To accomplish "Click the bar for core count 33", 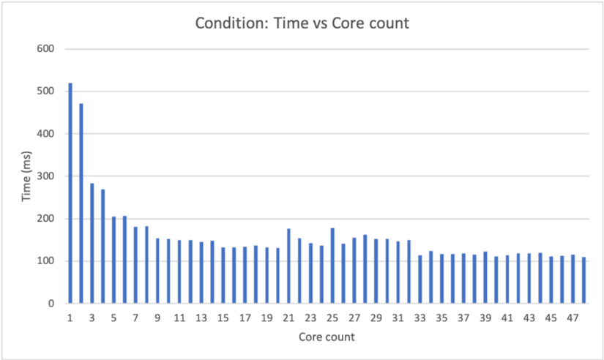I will (420, 279).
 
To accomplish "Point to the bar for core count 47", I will (573, 279).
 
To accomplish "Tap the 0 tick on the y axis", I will (51, 304).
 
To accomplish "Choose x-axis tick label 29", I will (376, 318).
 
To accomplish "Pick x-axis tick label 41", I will (507, 318).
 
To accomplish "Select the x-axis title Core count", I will (327, 338).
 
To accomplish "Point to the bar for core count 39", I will (485, 277).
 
